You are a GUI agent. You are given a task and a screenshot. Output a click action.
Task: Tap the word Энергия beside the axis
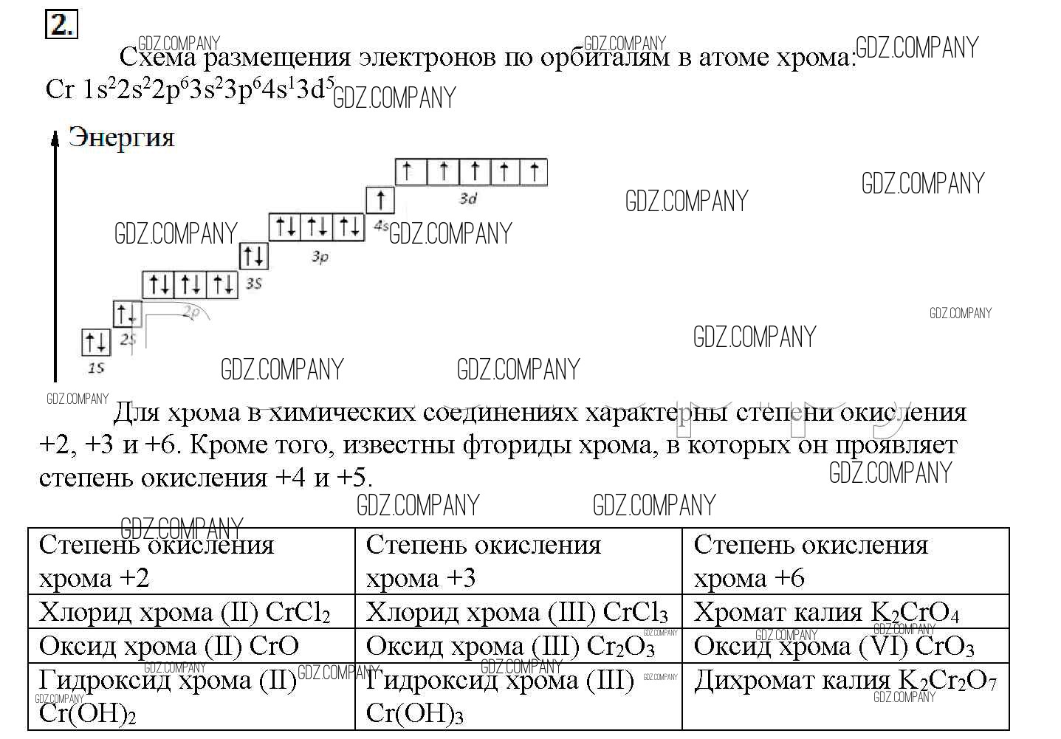tap(121, 137)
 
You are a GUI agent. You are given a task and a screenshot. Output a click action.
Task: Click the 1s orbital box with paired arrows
tap(95, 342)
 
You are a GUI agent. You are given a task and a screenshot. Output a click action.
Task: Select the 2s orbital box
tap(126, 314)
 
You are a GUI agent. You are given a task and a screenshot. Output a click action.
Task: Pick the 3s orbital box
tap(253, 256)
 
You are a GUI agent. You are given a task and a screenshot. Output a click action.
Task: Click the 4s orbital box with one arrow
tap(380, 199)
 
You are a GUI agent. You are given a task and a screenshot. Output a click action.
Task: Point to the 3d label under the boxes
tap(468, 198)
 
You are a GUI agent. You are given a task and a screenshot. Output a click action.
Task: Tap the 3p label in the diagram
tap(319, 258)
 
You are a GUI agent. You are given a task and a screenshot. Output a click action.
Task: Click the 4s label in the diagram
tap(381, 226)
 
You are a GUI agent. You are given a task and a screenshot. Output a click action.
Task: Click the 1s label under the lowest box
tap(96, 367)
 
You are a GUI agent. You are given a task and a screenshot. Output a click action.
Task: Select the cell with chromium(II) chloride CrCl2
tap(191, 612)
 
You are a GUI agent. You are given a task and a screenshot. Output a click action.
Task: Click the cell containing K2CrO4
tap(845, 612)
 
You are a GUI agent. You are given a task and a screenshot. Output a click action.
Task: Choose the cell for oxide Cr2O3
tap(518, 646)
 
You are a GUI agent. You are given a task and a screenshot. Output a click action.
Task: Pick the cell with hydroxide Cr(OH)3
tap(518, 695)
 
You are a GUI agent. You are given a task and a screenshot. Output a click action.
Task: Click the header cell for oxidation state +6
tap(845, 561)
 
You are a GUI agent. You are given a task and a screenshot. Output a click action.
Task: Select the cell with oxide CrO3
tap(845, 646)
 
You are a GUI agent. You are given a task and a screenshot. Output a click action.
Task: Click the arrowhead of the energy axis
tap(55, 137)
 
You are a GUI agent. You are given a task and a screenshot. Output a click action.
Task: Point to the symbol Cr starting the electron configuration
tap(59, 89)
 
